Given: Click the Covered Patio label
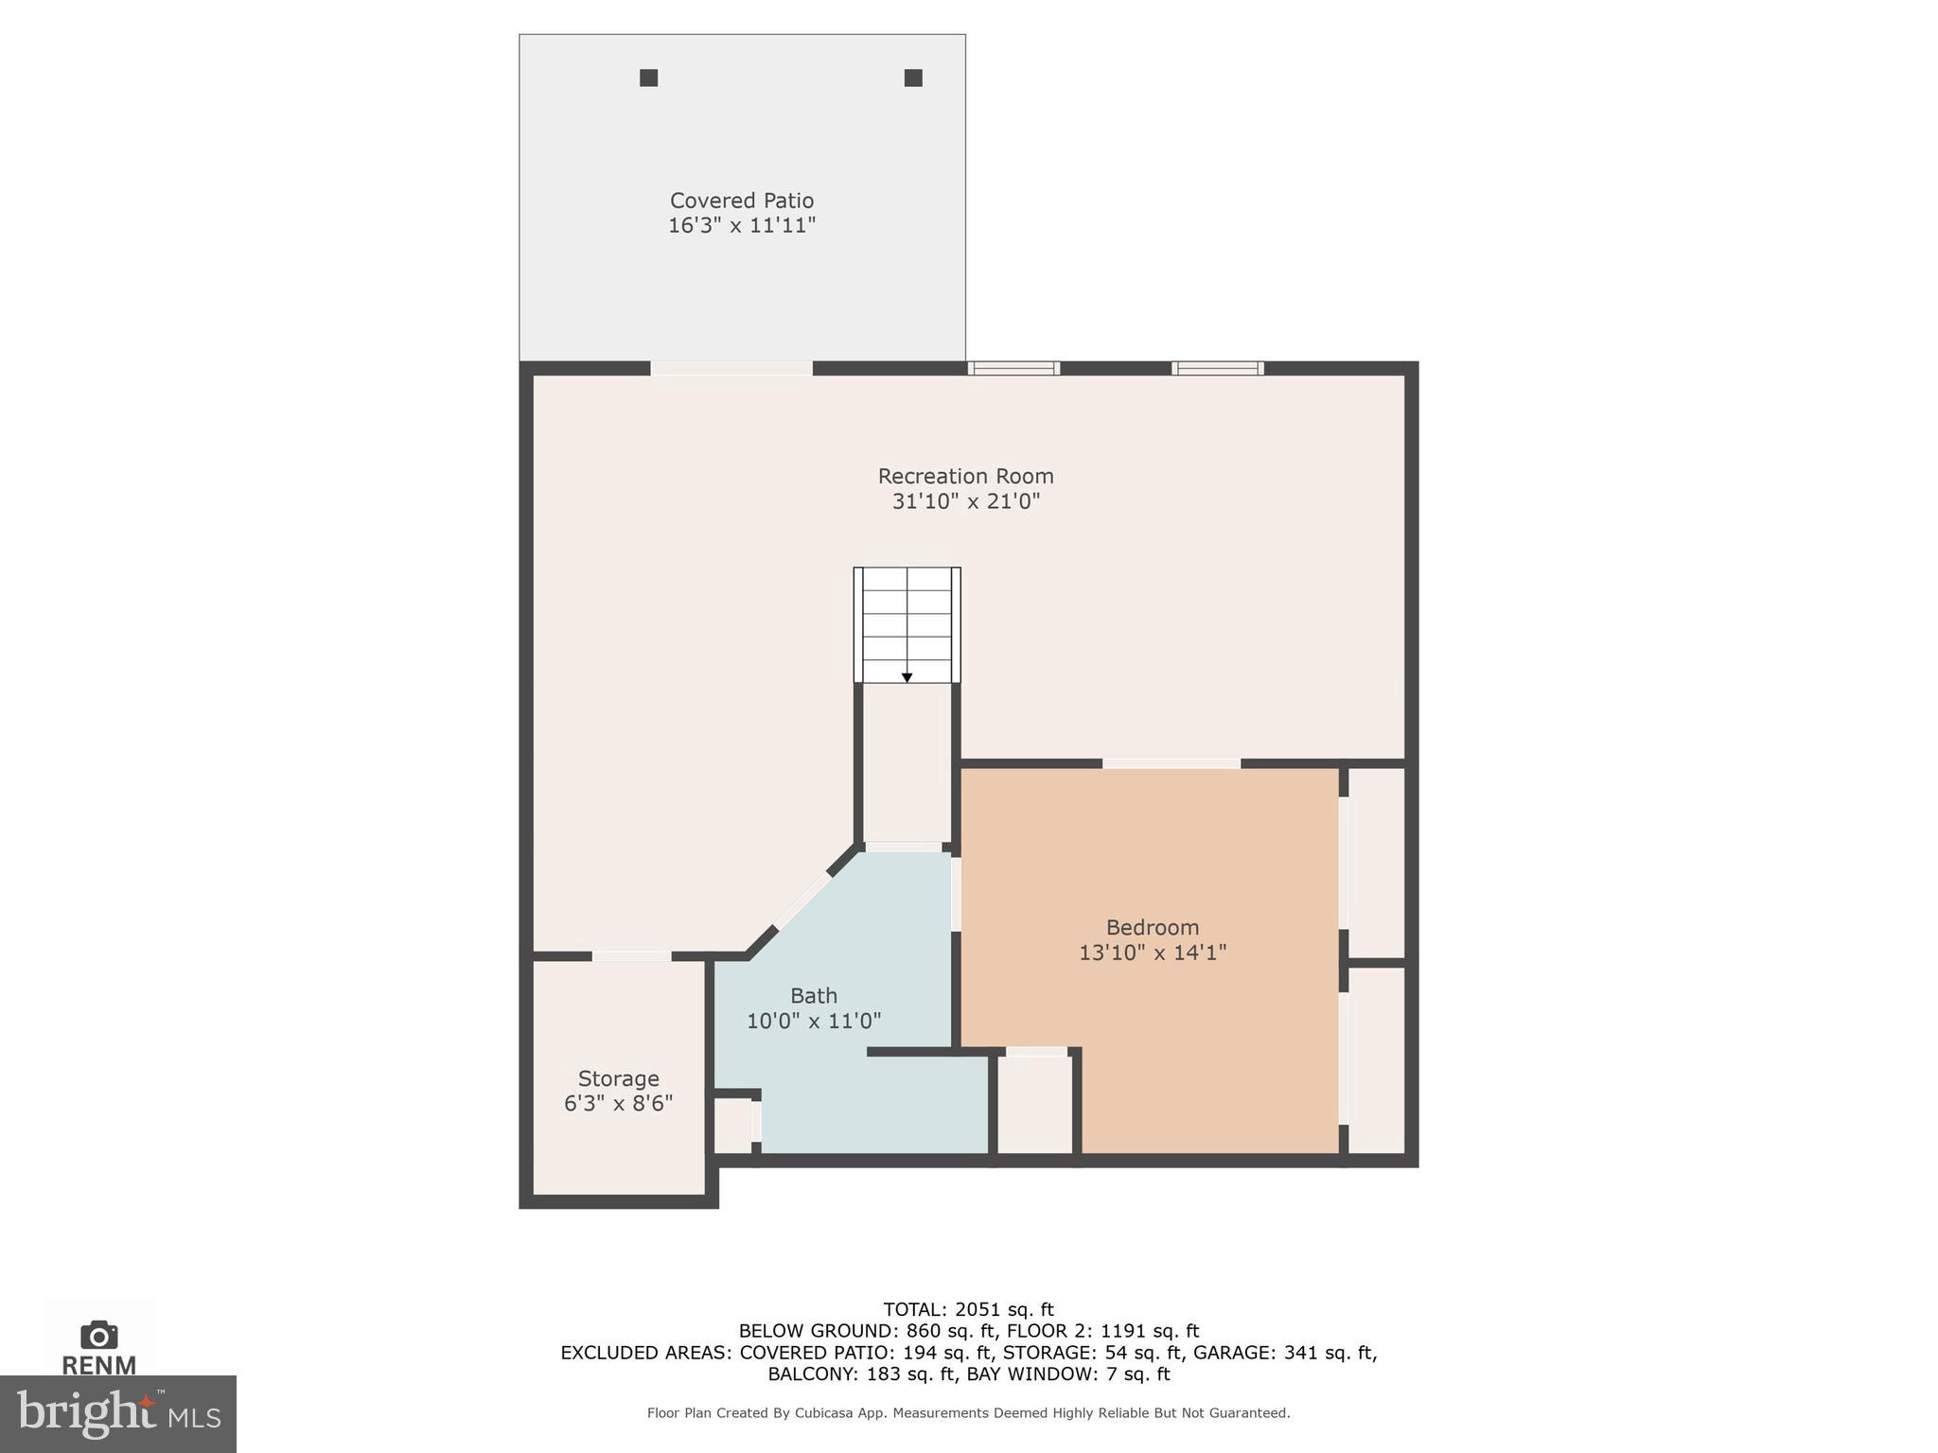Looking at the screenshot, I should click(741, 201).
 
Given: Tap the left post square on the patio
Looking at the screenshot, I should click(648, 78).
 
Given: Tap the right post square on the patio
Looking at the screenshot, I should click(913, 78).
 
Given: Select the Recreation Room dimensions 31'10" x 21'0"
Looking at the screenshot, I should click(965, 501).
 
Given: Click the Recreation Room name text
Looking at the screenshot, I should click(965, 476).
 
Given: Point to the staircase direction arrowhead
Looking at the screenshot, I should click(907, 677).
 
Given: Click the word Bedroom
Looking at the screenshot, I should click(1152, 927).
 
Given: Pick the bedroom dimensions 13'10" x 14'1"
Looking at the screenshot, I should click(1152, 953).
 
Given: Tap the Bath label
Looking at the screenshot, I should click(814, 995).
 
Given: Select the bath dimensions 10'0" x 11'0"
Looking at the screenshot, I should click(814, 1021).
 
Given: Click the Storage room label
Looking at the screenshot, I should click(618, 1078).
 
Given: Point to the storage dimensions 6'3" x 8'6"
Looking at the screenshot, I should click(618, 1103).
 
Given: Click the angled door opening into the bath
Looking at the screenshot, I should click(802, 900).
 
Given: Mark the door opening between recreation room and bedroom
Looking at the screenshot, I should click(1171, 763).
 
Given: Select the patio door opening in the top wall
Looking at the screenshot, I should click(731, 368).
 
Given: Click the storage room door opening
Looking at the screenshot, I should click(631, 956).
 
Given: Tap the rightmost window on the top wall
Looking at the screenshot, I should click(1217, 368).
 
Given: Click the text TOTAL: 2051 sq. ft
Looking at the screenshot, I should click(968, 1309).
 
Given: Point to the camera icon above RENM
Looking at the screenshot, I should click(98, 1335).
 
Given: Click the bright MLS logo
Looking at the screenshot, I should click(118, 1413).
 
